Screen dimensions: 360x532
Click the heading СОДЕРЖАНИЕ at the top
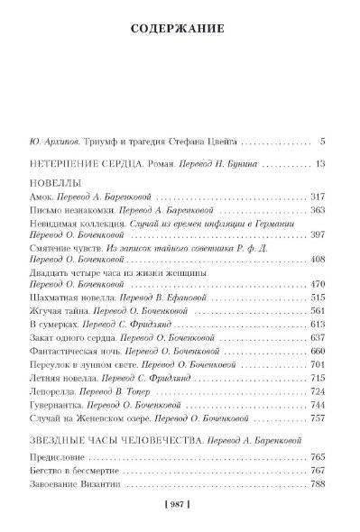tap(180, 28)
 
